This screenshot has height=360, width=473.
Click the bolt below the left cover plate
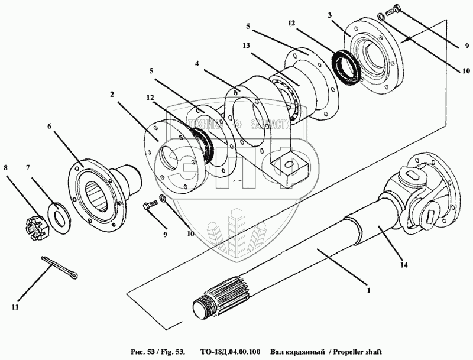150,206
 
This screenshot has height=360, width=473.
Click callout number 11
15,307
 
